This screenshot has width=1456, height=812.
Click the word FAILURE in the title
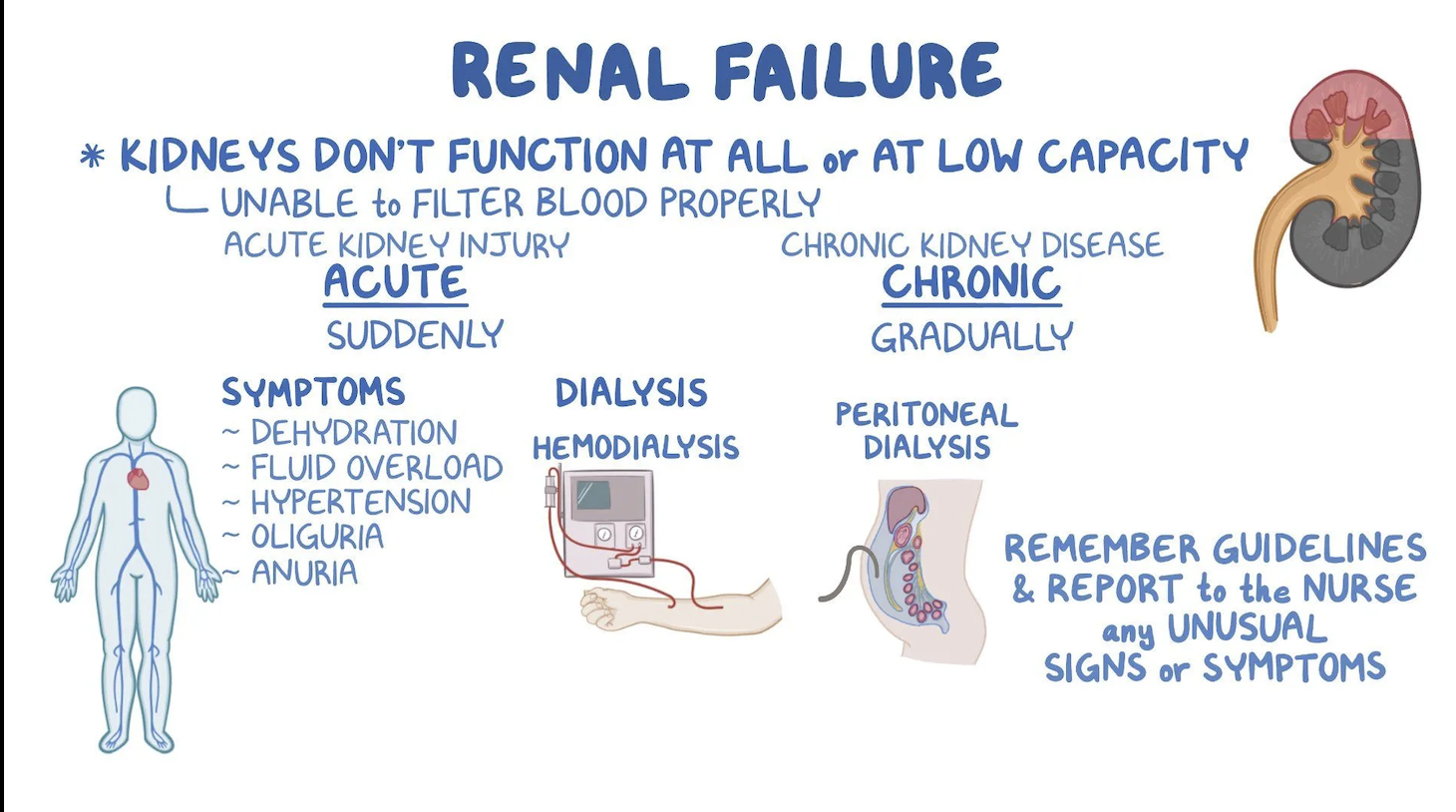857,70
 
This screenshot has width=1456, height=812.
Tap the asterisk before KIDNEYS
93,157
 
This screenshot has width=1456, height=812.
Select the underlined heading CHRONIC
971,282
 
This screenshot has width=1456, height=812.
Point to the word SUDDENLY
415,335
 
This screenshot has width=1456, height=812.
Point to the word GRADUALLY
971,337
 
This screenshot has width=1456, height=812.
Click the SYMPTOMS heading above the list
313,392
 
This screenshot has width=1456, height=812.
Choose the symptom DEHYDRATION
354,432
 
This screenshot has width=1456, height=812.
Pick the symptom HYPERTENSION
361,502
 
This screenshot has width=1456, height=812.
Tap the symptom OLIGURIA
317,537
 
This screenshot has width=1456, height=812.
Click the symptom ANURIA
304,573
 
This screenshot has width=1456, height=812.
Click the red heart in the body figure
138,479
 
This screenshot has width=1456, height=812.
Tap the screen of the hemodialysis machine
593,495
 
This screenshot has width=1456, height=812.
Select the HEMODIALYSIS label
635,448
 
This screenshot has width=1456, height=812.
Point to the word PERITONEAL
926,415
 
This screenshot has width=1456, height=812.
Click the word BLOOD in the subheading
591,203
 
